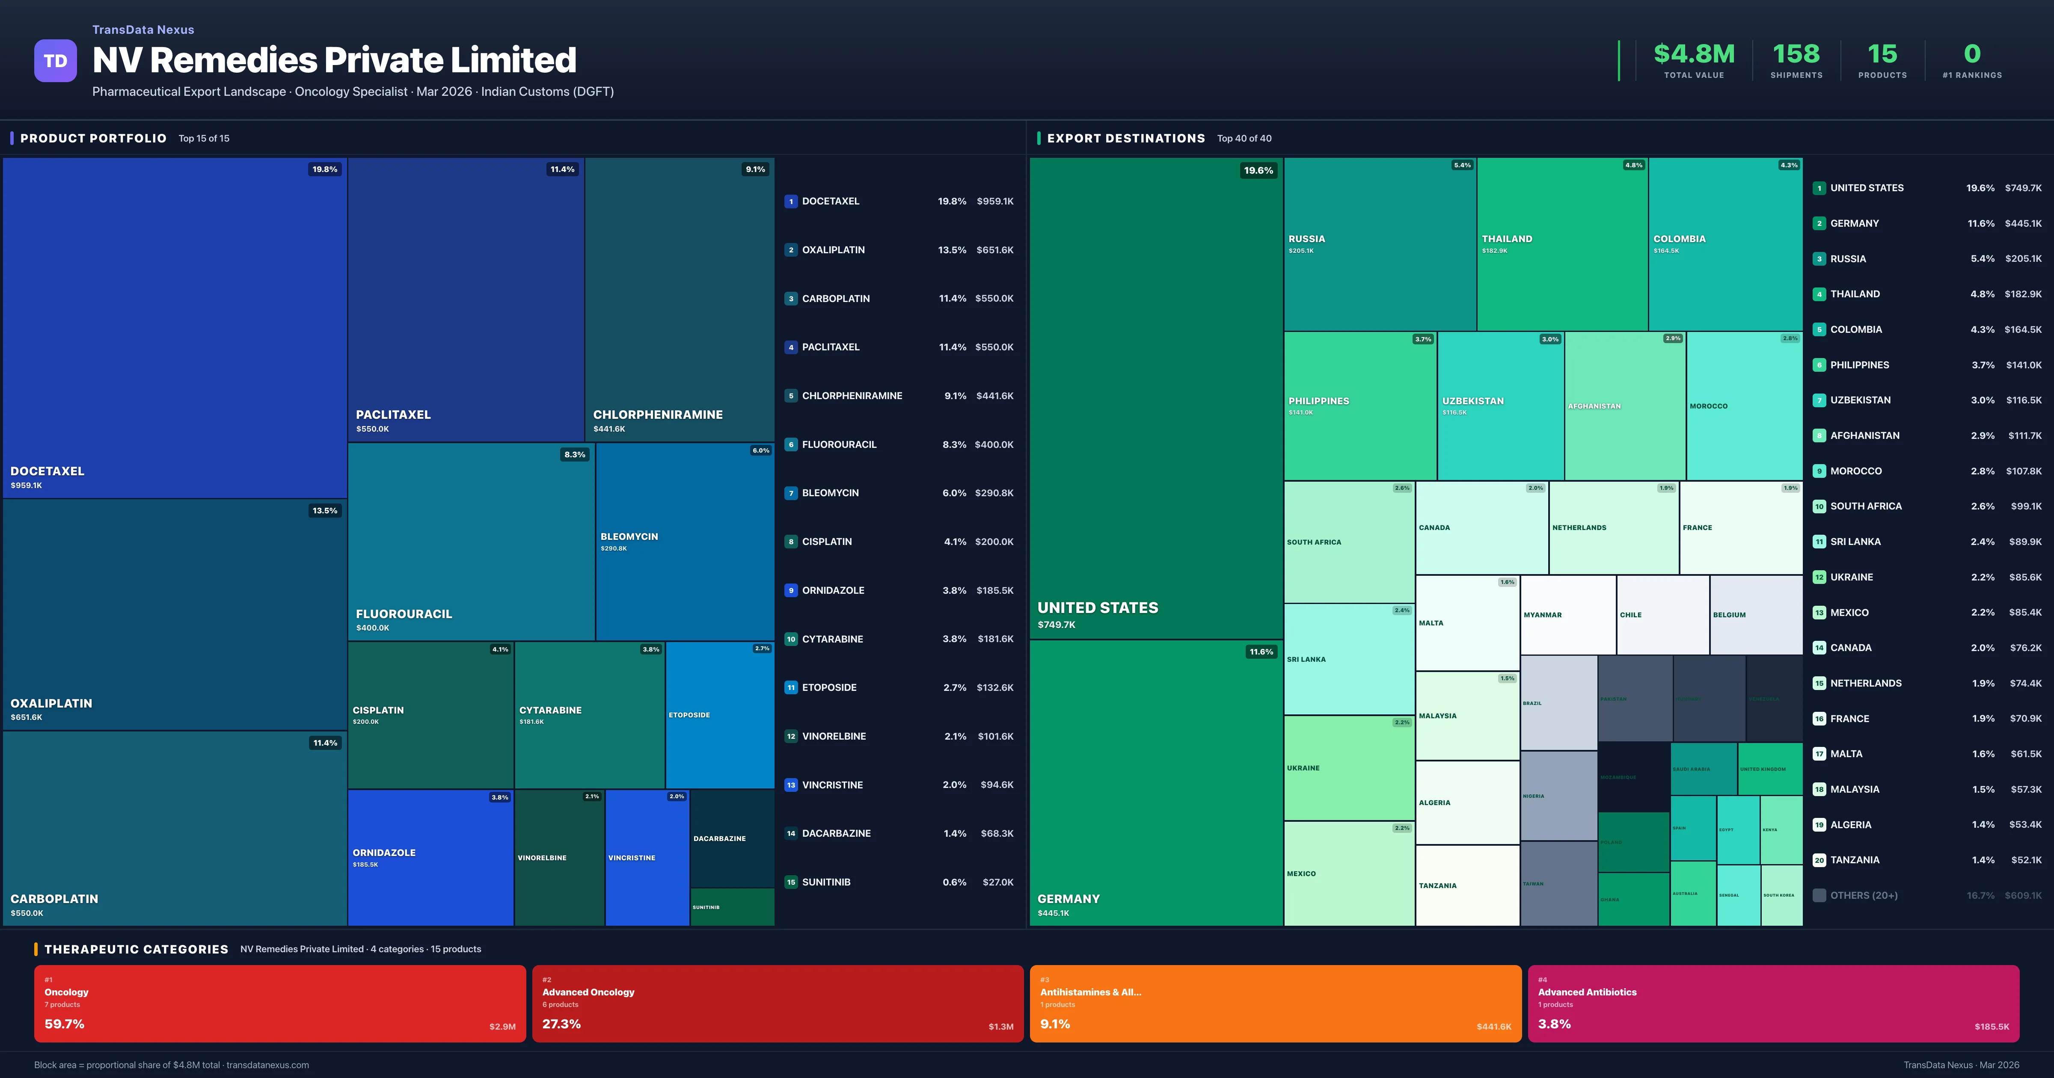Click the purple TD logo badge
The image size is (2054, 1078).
pos(55,61)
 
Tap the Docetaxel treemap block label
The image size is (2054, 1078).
pos(47,471)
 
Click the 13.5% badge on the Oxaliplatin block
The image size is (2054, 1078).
pos(324,510)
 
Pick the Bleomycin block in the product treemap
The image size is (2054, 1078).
pos(684,542)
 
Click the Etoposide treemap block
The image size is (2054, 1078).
pos(719,715)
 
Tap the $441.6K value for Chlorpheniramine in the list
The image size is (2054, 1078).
pos(994,395)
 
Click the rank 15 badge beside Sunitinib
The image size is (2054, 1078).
pos(791,882)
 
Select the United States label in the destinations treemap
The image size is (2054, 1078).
pos(1097,607)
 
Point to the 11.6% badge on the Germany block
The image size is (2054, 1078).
pos(1261,652)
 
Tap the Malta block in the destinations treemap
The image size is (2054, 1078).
pos(1466,623)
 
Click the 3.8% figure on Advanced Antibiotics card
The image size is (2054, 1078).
pos(1554,1024)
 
